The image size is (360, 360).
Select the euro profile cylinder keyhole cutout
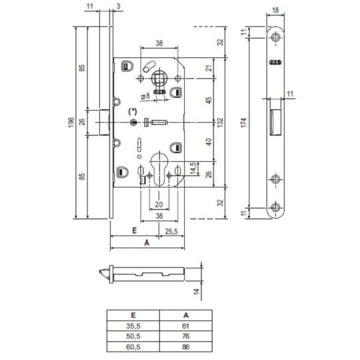(158, 170)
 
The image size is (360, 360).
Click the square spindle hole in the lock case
(159, 78)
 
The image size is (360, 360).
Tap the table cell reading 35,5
(133, 325)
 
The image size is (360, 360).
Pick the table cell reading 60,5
(133, 346)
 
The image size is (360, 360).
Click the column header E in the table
(133, 314)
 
